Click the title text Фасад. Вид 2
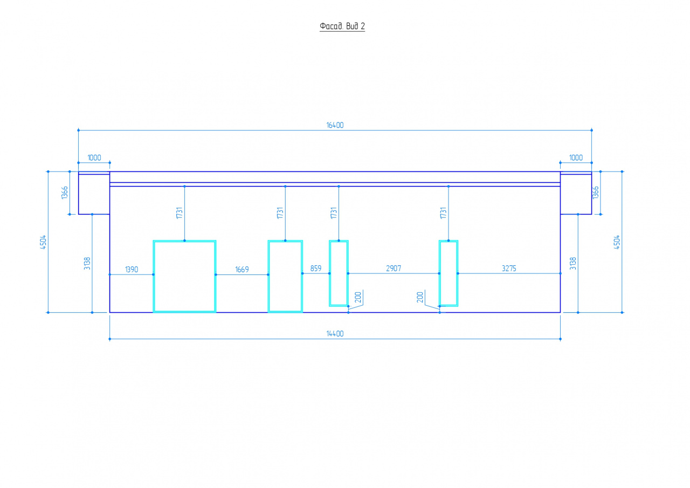click(x=342, y=26)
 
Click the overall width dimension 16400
click(x=335, y=125)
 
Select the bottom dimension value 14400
click(x=335, y=334)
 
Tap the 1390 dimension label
click(x=132, y=270)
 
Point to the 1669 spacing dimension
click(x=242, y=270)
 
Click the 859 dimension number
click(x=316, y=269)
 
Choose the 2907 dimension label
click(x=394, y=269)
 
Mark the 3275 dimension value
click(x=509, y=269)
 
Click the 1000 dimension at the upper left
click(x=94, y=158)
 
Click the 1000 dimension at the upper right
click(x=576, y=158)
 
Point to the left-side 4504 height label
click(x=43, y=242)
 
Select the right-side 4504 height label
click(x=617, y=242)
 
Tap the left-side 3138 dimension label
click(x=87, y=263)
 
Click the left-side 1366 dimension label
click(x=65, y=193)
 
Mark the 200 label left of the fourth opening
click(x=420, y=297)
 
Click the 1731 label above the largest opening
click(x=180, y=213)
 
